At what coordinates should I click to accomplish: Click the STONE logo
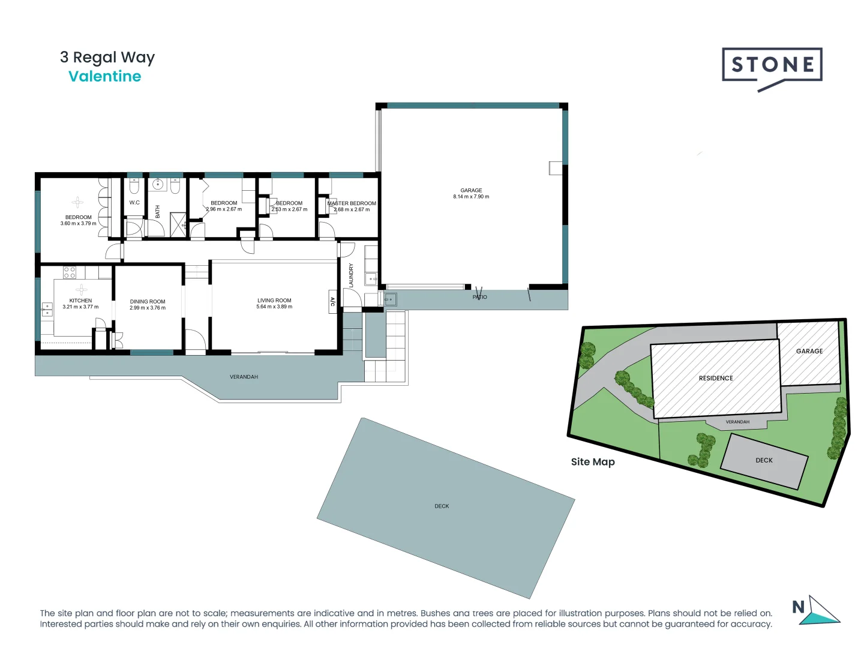[772, 65]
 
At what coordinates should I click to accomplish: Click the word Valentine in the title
[105, 77]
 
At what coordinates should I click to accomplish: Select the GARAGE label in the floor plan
[471, 190]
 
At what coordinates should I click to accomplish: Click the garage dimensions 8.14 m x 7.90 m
[471, 197]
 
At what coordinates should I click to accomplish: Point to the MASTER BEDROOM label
[352, 203]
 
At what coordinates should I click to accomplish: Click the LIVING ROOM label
[274, 301]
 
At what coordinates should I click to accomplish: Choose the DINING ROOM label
[148, 302]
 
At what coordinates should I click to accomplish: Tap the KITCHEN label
[80, 301]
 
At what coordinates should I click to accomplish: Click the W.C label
[134, 203]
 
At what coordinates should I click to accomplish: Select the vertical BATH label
[158, 211]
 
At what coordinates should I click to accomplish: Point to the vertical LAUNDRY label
[351, 275]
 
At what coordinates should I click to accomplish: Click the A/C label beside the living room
[332, 302]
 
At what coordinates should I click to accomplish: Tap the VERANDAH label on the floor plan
[244, 377]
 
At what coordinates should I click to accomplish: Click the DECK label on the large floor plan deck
[442, 506]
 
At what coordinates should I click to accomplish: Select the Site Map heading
[593, 462]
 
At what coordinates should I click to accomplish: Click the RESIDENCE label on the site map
[716, 379]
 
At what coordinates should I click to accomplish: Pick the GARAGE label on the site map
[809, 352]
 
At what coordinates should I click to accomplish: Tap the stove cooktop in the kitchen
[70, 272]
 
